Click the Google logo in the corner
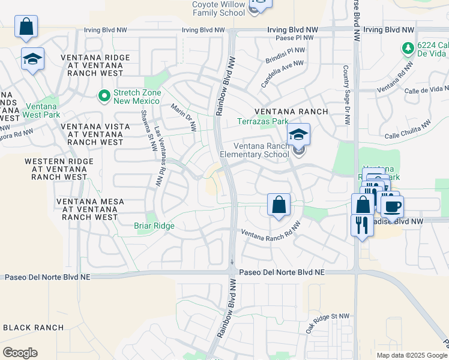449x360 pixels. click(20, 353)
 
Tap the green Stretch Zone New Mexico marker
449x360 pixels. click(104, 95)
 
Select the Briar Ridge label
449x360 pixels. click(154, 226)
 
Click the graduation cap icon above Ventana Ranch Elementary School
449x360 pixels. click(298, 135)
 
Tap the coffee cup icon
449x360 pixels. click(393, 207)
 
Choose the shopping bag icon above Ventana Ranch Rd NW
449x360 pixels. click(279, 205)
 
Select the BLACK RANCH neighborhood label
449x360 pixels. click(34, 328)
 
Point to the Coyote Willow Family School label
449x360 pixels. click(218, 8)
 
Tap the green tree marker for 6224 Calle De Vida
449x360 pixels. click(408, 47)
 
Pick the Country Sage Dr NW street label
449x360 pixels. click(346, 95)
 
